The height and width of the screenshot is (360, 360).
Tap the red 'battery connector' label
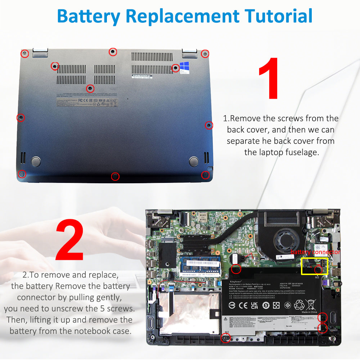[315, 252]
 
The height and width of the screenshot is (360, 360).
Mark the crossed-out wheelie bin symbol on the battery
[312, 305]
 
